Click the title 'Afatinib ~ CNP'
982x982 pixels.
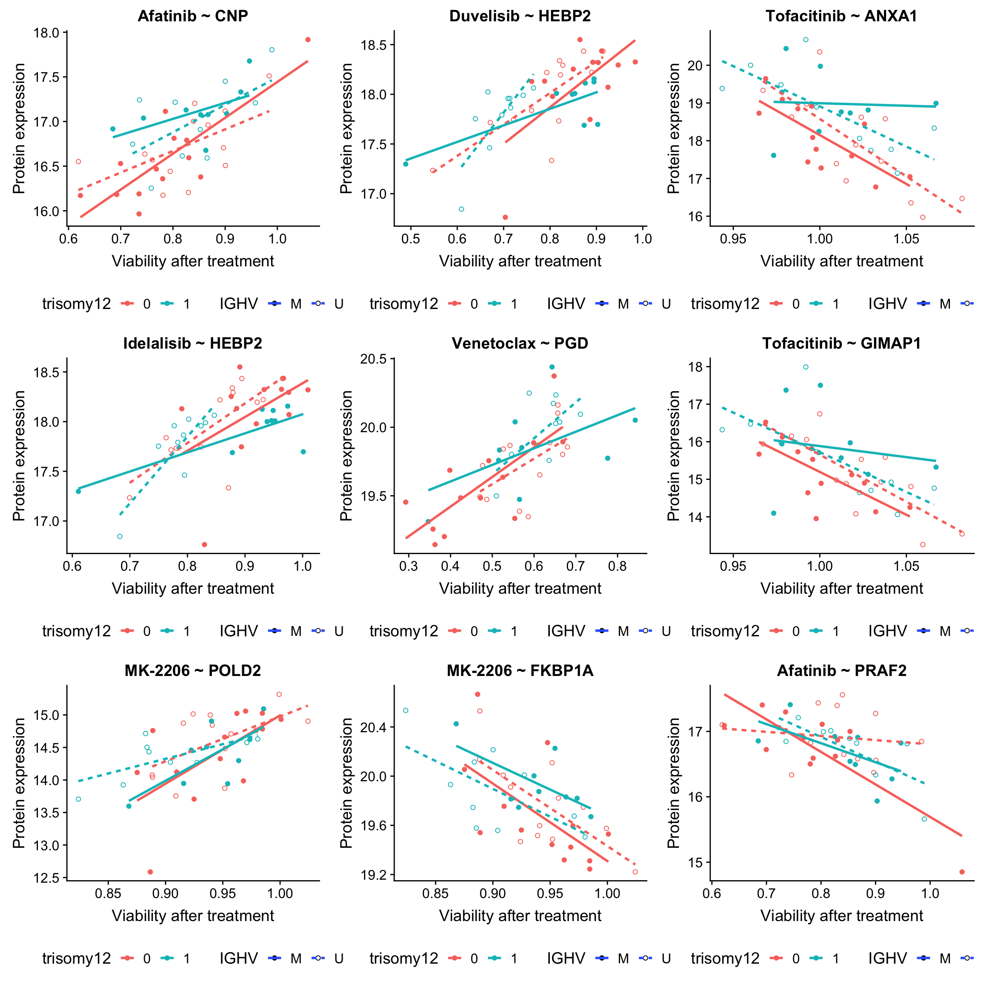click(193, 16)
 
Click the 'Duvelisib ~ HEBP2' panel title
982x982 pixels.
click(520, 16)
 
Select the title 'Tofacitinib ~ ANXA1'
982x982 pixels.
click(841, 16)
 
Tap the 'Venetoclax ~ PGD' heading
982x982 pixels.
click(520, 344)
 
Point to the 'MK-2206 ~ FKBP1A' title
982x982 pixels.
click(520, 671)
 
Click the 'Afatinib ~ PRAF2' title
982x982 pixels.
click(841, 671)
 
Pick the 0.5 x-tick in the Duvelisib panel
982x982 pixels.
click(411, 239)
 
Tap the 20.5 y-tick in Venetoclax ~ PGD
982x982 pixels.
click(374, 359)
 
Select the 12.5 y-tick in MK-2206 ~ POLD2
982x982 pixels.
click(47, 878)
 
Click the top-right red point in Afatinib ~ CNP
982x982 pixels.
click(307, 40)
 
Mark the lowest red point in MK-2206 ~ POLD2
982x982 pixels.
click(150, 872)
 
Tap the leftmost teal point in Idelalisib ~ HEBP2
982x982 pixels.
click(78, 491)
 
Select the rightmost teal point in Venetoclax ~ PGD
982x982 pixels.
click(635, 420)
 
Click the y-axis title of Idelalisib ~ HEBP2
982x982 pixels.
click(19, 456)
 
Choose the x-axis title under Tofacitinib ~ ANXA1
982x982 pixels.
click(841, 261)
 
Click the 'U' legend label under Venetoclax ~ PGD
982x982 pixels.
click(666, 631)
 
